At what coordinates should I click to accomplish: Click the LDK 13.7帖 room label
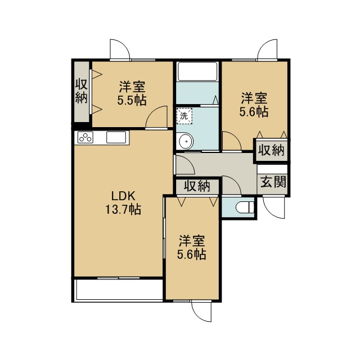[123, 202]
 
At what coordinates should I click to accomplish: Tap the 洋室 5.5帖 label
[132, 93]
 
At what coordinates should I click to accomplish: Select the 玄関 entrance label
[273, 182]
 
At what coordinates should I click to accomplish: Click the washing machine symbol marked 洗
[184, 116]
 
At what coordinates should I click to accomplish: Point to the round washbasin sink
[186, 141]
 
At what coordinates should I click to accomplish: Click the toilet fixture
[245, 208]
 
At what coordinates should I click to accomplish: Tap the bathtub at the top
[197, 71]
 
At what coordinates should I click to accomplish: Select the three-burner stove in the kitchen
[85, 137]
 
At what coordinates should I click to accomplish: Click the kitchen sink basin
[116, 137]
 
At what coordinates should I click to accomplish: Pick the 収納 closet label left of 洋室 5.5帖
[82, 91]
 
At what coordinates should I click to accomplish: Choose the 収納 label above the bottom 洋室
[197, 186]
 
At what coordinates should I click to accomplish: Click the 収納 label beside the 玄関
[272, 150]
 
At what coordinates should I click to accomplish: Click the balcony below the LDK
[118, 289]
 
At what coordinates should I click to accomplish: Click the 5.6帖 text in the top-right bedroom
[254, 111]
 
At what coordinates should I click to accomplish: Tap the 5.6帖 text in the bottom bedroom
[191, 254]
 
